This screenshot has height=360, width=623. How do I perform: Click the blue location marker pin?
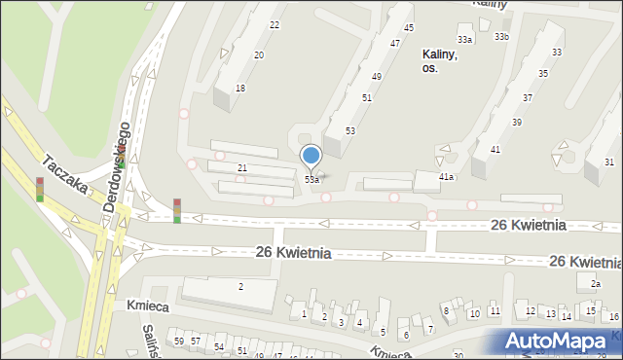311,157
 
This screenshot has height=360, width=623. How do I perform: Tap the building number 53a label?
311,179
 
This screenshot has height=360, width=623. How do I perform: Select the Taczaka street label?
64,172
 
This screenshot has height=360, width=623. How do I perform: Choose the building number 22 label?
274,25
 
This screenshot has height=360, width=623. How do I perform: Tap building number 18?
239,88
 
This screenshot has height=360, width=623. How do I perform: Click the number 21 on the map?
242,168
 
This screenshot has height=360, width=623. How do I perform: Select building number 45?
409,27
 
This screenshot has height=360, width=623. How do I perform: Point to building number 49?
376,76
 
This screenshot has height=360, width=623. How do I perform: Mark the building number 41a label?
446,177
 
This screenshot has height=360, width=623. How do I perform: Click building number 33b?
500,36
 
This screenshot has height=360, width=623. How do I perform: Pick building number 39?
516,122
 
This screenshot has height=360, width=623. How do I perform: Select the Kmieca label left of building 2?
141,305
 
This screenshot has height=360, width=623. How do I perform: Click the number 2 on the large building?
240,286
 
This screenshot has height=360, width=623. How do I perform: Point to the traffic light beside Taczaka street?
40,189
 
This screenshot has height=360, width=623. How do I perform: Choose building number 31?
608,162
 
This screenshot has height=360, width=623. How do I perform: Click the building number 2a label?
595,283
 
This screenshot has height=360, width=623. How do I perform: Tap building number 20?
259,55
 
